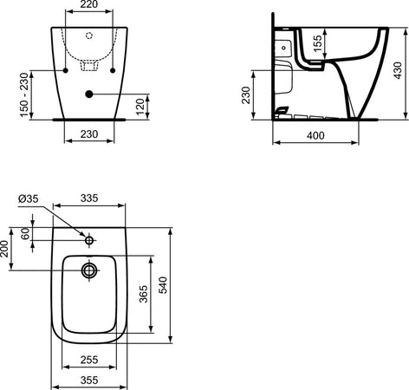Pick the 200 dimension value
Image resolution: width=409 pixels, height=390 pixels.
[x=7, y=252]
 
